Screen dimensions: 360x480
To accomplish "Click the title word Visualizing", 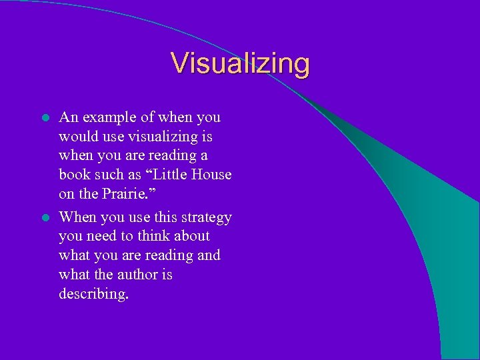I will coord(240,64).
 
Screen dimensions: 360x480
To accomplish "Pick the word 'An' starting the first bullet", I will coord(68,118).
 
